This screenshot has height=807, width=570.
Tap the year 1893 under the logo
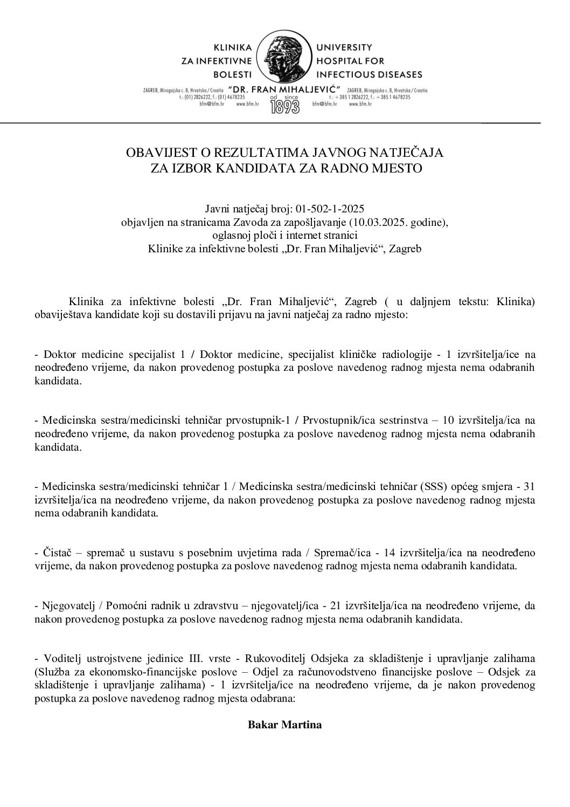click(x=285, y=105)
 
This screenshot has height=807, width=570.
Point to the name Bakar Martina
click(x=284, y=725)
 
